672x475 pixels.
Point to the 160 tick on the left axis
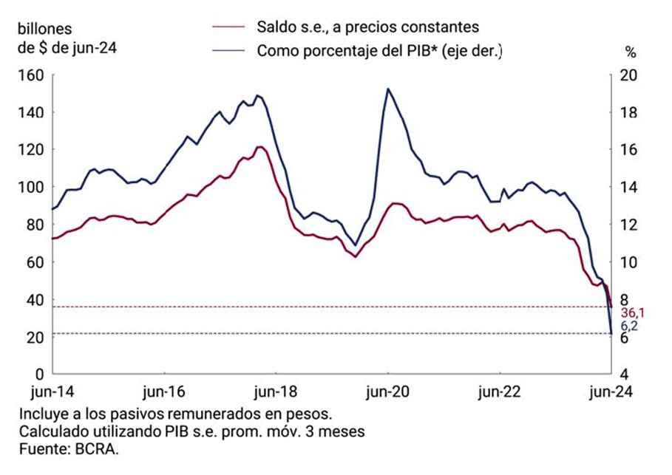(33, 75)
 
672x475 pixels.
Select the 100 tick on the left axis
(33, 188)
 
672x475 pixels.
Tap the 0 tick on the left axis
(39, 375)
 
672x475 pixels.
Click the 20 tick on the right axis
(628, 75)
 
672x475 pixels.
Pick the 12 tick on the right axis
(628, 225)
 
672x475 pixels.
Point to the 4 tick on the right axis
(624, 375)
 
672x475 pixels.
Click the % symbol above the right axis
(630, 52)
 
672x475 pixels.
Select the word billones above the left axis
(44, 30)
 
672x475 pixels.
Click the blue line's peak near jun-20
(388, 89)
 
